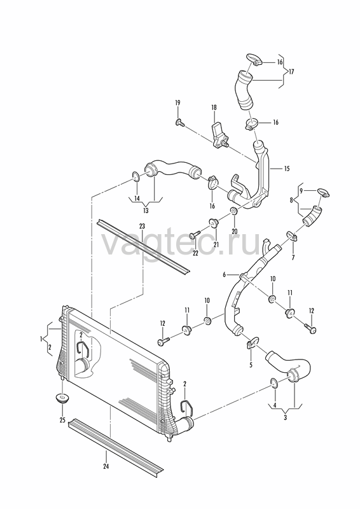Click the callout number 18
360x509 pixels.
click(x=214, y=108)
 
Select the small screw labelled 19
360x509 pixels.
click(x=179, y=123)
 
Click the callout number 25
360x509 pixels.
click(x=62, y=421)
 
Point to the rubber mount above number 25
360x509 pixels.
click(x=62, y=398)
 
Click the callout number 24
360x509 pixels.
click(x=106, y=467)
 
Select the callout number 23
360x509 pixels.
click(x=142, y=226)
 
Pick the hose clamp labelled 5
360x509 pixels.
click(x=252, y=342)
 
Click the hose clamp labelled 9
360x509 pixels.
click(x=323, y=193)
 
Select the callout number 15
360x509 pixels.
click(x=287, y=169)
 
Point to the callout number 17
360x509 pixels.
click(x=291, y=72)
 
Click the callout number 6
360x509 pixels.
click(x=224, y=275)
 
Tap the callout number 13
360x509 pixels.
click(x=146, y=211)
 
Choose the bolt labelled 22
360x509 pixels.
click(x=195, y=234)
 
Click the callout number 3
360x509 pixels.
click(x=286, y=417)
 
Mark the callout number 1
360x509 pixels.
click(x=41, y=339)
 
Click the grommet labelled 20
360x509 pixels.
click(x=234, y=211)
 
